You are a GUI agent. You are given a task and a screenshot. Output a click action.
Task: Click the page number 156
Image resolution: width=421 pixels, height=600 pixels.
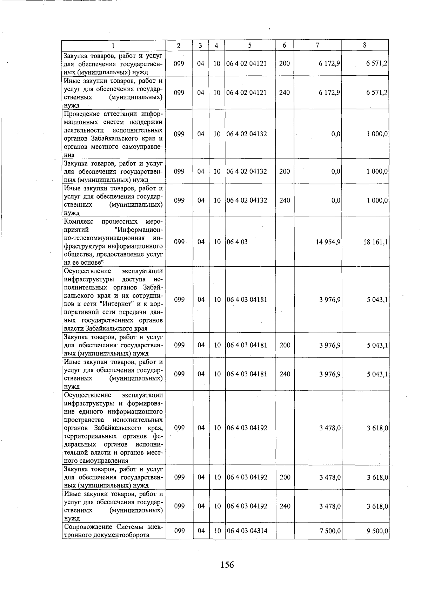tap(227, 565)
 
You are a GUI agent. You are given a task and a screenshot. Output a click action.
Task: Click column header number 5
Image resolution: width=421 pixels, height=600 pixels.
tap(249, 45)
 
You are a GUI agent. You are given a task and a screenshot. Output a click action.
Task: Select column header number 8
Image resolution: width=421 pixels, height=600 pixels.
tap(365, 45)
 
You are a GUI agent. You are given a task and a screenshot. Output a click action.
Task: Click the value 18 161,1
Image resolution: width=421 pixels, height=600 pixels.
tap(375, 242)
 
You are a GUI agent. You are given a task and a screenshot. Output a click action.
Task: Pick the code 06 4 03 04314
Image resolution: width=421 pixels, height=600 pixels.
tap(247, 531)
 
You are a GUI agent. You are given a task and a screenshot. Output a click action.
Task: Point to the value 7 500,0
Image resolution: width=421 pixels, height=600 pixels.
tap(330, 531)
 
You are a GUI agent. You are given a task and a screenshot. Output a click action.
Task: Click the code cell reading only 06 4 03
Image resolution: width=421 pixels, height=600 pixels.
tap(237, 242)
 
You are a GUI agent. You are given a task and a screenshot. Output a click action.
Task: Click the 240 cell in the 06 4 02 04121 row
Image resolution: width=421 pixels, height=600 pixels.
tap(285, 93)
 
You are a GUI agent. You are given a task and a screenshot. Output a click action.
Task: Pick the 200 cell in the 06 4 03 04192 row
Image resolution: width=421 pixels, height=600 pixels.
tap(285, 477)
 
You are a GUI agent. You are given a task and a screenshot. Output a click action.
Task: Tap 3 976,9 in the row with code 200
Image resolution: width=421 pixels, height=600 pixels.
tap(330, 345)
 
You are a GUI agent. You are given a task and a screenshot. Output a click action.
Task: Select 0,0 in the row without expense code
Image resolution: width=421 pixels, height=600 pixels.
tap(336, 134)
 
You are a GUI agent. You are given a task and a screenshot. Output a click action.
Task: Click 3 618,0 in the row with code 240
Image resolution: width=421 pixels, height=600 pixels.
tap(377, 506)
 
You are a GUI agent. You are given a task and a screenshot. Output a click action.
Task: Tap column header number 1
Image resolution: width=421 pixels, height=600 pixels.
tap(113, 45)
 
